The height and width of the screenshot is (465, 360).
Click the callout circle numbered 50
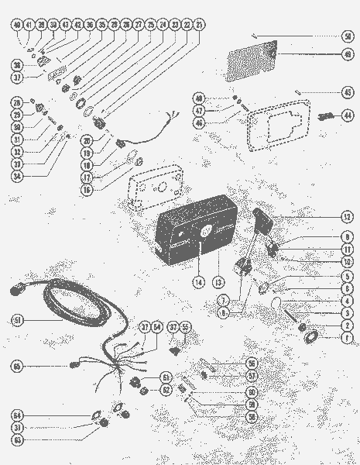[348, 36]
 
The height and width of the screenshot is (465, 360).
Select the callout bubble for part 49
[348, 55]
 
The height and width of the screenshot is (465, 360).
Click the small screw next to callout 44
[324, 117]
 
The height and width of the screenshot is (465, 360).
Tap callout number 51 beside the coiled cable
[18, 319]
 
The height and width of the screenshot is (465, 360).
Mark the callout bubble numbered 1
[348, 338]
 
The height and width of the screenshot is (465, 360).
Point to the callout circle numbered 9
[348, 237]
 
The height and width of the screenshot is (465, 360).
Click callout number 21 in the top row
[200, 25]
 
